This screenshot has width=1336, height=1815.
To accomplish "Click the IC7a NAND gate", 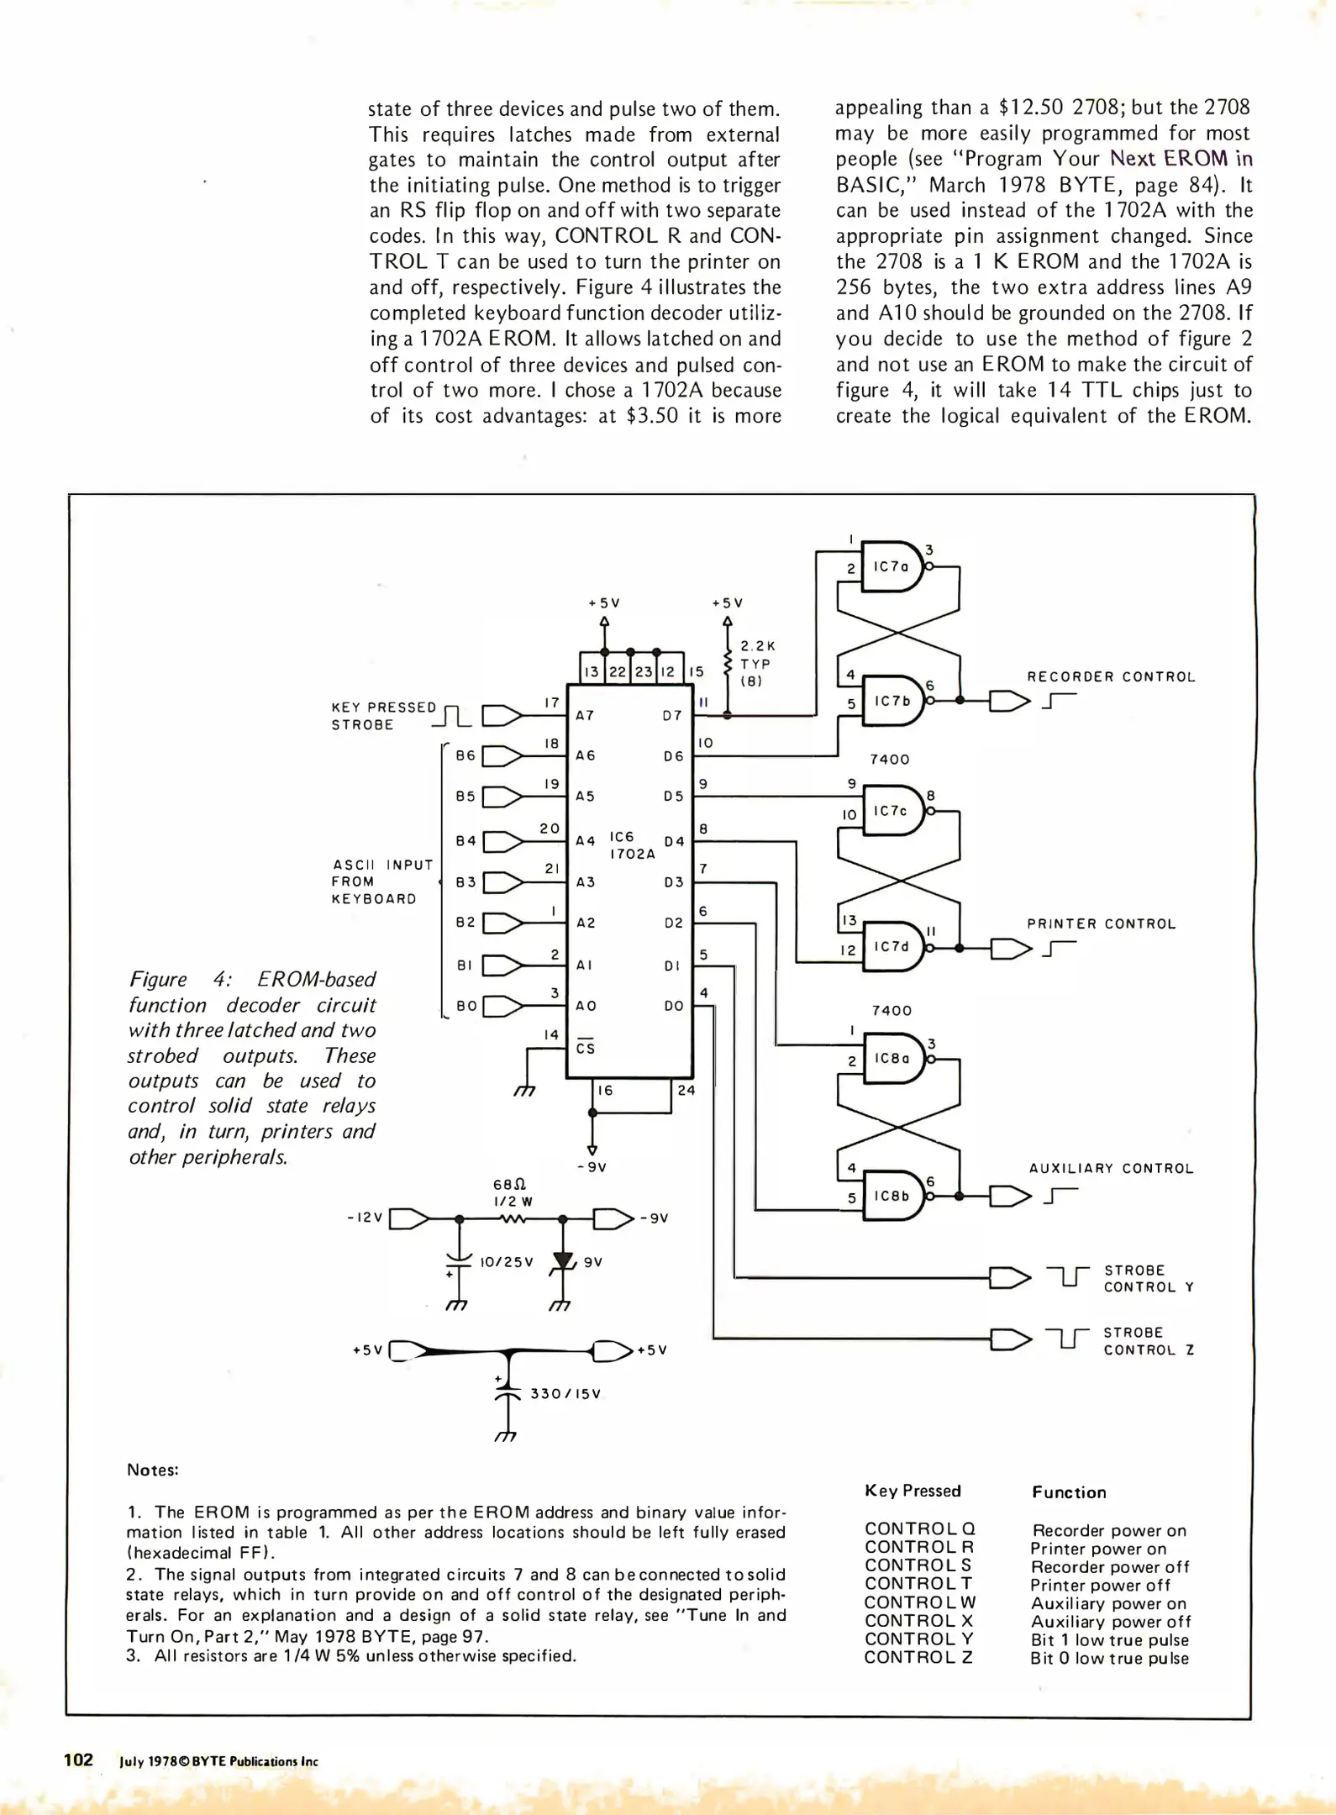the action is pyautogui.click(x=894, y=566).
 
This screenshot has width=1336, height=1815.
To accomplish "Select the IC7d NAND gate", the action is pyautogui.click(x=894, y=947).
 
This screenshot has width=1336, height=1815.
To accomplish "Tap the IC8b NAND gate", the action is pyautogui.click(x=894, y=1196).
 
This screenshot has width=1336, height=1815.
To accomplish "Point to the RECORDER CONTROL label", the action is pyautogui.click(x=1111, y=677).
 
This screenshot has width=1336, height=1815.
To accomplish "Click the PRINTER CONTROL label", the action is pyautogui.click(x=1101, y=924).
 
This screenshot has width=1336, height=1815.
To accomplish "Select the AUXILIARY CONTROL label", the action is pyautogui.click(x=1111, y=1169).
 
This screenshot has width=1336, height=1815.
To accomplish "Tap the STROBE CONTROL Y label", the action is pyautogui.click(x=1149, y=1279).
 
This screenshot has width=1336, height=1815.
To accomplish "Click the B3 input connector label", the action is pyautogui.click(x=465, y=882).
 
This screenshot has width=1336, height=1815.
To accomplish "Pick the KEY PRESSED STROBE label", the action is pyautogui.click(x=384, y=716).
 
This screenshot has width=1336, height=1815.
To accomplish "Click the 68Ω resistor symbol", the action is pyautogui.click(x=513, y=1218).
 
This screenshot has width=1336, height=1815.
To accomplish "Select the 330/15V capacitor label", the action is pyautogui.click(x=565, y=1394).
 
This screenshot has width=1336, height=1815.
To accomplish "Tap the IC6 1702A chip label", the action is pyautogui.click(x=632, y=845).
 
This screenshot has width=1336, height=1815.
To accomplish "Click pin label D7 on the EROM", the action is pyautogui.click(x=672, y=716).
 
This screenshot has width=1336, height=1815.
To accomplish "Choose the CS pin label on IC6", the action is pyautogui.click(x=586, y=1047).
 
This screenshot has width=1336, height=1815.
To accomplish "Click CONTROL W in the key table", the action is pyautogui.click(x=920, y=1603).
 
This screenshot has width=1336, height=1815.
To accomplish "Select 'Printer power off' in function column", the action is pyautogui.click(x=1100, y=1586).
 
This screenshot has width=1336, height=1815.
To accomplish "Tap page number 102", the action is pyautogui.click(x=78, y=1760).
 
